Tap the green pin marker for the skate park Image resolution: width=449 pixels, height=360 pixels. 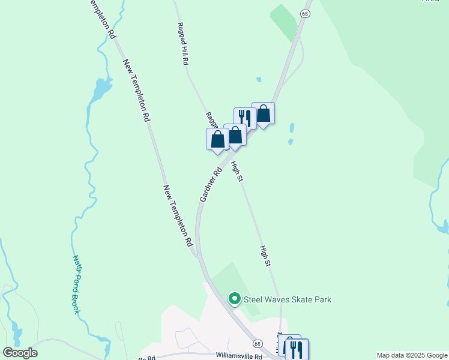(234, 298)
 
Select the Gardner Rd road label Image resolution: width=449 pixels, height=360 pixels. (209, 184)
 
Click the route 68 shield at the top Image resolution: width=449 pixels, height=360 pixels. (306, 13)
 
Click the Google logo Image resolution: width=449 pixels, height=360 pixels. (20, 353)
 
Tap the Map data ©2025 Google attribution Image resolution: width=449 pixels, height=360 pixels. (412, 355)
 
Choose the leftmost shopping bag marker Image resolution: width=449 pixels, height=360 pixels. (217, 139)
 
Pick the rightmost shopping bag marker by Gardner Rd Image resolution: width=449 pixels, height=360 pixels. (263, 113)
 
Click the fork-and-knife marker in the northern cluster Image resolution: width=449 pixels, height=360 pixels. (244, 118)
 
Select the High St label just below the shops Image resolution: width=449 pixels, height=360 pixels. (237, 171)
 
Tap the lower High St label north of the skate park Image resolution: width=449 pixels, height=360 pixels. (266, 256)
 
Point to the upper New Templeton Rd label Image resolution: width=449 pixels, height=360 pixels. (136, 91)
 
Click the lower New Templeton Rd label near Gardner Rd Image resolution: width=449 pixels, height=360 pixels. (178, 216)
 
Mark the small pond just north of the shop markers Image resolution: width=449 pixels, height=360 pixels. (259, 79)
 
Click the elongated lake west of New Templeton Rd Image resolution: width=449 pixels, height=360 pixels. (100, 90)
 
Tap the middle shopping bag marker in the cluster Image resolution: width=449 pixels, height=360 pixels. (235, 135)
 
